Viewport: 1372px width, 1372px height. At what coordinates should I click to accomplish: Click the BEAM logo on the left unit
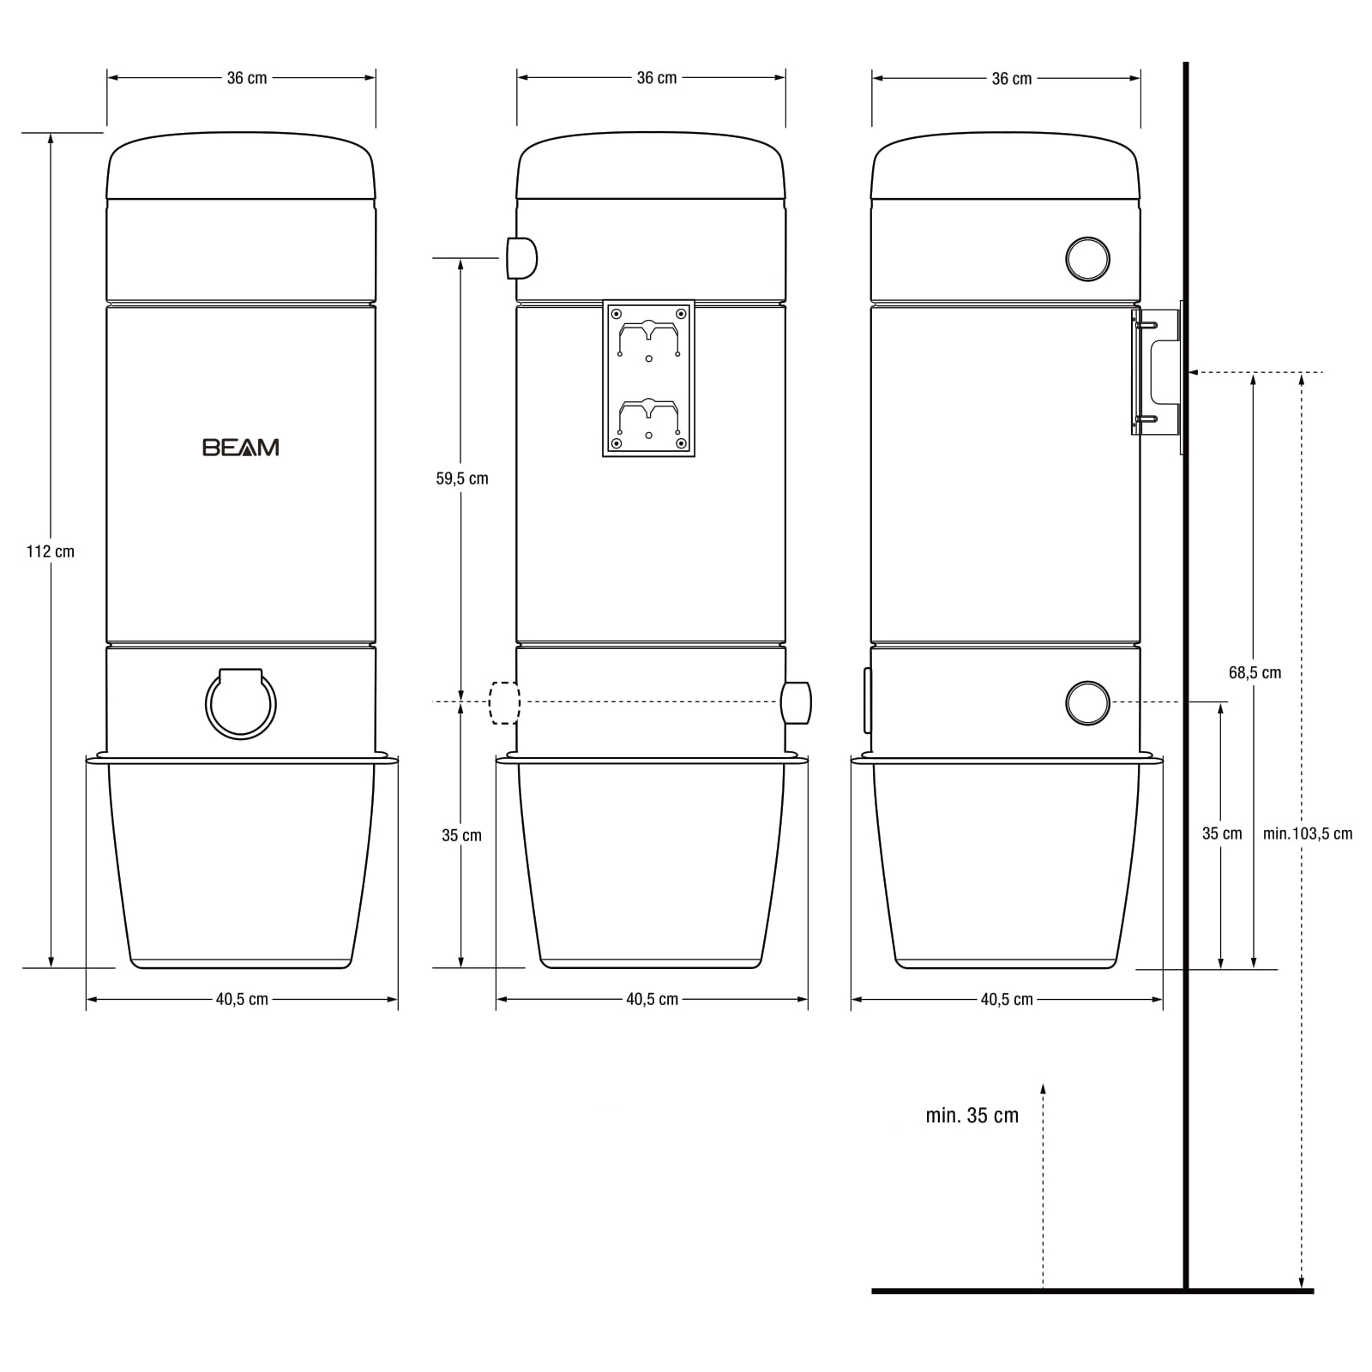coord(241,447)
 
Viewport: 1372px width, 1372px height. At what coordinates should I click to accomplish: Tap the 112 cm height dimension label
coord(51,551)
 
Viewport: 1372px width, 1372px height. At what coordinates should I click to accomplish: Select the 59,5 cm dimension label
coord(462,478)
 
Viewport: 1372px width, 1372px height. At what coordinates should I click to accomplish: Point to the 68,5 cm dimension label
coord(1255,672)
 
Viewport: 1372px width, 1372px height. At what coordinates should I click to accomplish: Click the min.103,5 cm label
coord(1308,833)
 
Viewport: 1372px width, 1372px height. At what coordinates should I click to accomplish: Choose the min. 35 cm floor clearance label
coord(972,1115)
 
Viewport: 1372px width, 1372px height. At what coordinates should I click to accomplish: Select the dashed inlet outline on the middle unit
coord(504,702)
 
